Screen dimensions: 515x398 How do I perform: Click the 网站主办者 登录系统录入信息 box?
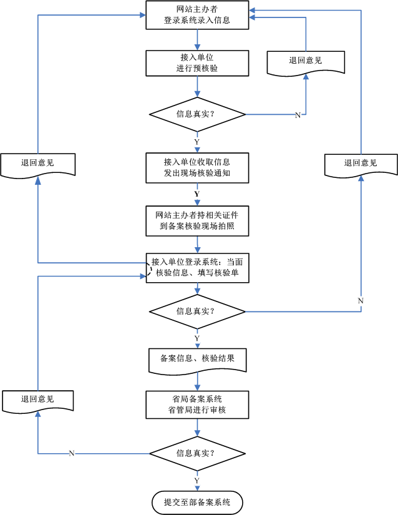[x=198, y=15]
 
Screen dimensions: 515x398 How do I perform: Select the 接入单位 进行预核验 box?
[x=198, y=62]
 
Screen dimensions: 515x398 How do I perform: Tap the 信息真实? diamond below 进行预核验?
[x=198, y=114]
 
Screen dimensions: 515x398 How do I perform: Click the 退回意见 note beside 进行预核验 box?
[x=306, y=61]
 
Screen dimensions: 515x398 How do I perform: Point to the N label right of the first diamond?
[x=297, y=115]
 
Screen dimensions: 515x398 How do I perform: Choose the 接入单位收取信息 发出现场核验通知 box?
[x=198, y=167]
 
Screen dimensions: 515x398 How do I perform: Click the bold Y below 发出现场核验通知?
[x=197, y=194]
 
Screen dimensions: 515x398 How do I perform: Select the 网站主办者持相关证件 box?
[x=198, y=220]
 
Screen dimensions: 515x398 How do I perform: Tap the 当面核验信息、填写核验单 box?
[x=198, y=268]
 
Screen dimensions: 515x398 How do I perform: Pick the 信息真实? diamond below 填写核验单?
[x=198, y=311]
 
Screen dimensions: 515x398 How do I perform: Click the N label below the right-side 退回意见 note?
[x=360, y=302]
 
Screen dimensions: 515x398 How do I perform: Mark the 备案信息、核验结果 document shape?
[x=198, y=360]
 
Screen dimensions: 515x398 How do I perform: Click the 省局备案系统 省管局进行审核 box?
[x=198, y=405]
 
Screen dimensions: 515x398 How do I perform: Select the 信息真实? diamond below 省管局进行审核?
[x=198, y=453]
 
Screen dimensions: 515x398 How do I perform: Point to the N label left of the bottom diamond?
[x=72, y=453]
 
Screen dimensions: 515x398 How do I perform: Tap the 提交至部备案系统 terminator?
[x=198, y=502]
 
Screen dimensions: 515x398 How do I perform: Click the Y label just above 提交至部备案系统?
[x=197, y=480]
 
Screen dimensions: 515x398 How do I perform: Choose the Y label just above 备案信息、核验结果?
[x=197, y=338]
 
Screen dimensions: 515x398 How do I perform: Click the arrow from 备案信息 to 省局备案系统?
[x=198, y=381]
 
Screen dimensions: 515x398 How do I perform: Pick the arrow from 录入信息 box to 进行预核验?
[x=198, y=40]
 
